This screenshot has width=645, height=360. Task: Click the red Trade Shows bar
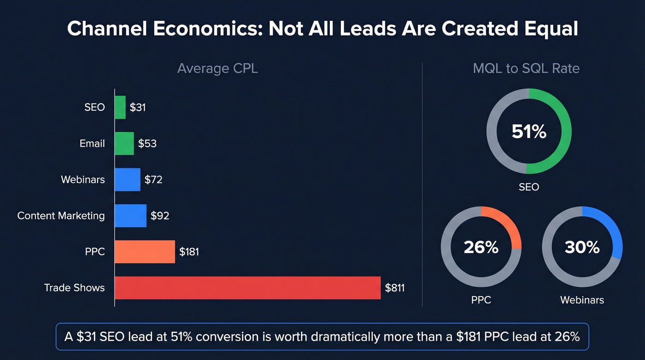click(247, 288)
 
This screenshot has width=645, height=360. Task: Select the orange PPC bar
click(145, 252)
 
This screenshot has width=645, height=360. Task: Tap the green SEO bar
click(120, 107)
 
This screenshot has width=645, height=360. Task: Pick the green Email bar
click(124, 143)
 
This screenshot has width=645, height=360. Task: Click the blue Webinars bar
click(127, 179)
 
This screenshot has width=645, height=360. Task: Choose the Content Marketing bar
click(130, 216)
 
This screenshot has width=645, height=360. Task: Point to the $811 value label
click(395, 288)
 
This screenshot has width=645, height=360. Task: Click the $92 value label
click(160, 216)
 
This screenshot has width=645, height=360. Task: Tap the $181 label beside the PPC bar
click(189, 252)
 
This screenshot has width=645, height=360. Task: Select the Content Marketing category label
click(61, 216)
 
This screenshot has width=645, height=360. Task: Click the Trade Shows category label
click(74, 288)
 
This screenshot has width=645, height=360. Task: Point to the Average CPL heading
click(217, 69)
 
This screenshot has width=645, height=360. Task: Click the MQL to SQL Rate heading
click(526, 69)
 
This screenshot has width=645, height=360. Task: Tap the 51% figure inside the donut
click(529, 132)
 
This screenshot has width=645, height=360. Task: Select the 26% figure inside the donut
click(481, 248)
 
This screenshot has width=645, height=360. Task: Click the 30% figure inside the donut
click(582, 248)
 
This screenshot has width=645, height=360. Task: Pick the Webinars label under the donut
click(582, 300)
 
